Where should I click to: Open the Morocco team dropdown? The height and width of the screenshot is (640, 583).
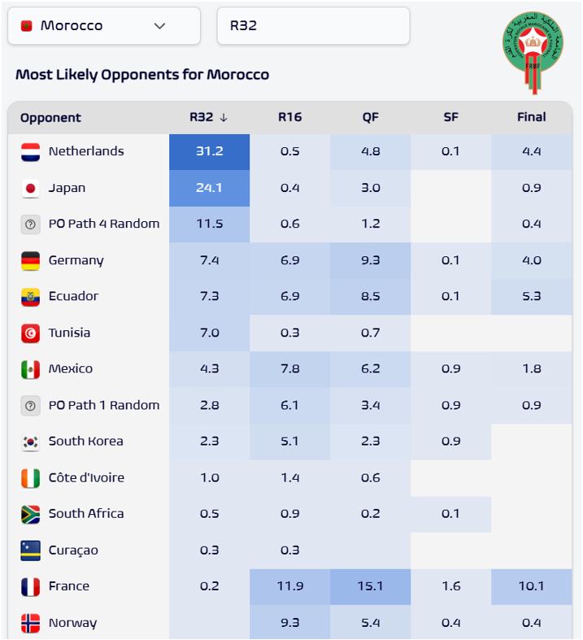click(103, 26)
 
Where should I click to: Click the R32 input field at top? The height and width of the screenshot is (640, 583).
click(313, 26)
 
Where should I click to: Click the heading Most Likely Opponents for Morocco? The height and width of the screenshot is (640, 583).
click(142, 75)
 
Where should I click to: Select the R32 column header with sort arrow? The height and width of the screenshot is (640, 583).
click(209, 117)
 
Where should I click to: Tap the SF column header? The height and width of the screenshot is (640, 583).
click(450, 117)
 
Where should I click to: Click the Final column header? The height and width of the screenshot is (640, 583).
click(531, 117)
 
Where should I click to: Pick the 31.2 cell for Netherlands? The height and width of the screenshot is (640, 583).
click(209, 151)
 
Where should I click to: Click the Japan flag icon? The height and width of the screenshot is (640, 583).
click(31, 188)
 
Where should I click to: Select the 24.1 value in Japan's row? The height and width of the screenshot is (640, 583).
click(209, 188)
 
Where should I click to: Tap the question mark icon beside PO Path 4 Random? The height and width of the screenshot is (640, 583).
click(31, 224)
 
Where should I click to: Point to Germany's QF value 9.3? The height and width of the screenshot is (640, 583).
click(370, 260)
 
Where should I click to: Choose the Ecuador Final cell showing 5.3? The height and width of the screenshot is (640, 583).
click(531, 296)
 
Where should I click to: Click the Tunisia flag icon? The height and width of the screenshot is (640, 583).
click(31, 333)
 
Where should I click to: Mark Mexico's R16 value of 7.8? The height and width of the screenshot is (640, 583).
click(289, 368)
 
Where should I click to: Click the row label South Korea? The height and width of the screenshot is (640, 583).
click(85, 441)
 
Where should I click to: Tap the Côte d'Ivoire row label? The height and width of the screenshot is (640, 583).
click(86, 477)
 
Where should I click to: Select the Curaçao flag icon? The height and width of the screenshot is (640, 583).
click(31, 551)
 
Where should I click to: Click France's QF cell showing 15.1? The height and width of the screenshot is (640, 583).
click(370, 586)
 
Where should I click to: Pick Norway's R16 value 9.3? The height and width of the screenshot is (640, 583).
click(289, 623)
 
